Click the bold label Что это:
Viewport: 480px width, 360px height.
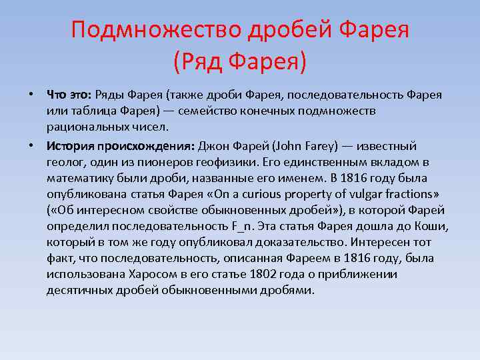tap(70, 94)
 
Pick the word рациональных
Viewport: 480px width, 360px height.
tap(85, 126)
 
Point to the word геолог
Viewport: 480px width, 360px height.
tap(65, 161)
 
